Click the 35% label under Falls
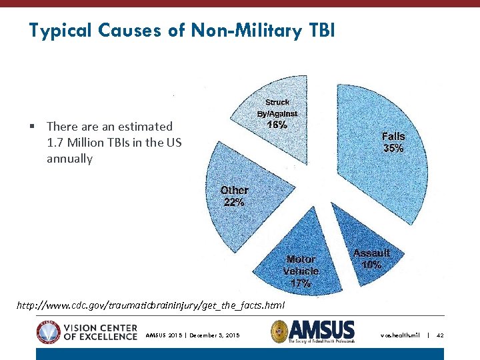393,149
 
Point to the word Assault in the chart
371,253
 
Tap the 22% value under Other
234,202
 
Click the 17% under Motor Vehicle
301,283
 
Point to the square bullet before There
32,126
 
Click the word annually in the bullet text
69,159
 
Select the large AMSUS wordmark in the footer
322,329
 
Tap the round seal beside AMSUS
280,331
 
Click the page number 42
440,335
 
